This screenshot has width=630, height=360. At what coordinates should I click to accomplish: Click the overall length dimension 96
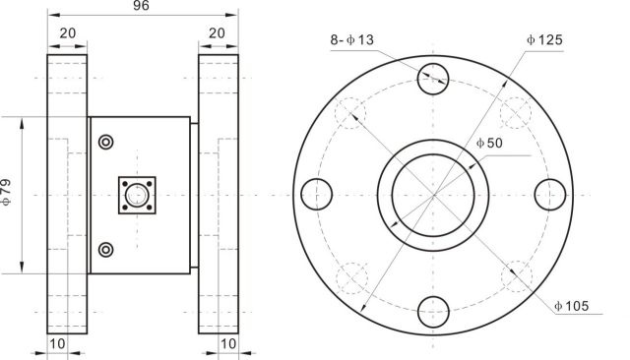[x=141, y=6]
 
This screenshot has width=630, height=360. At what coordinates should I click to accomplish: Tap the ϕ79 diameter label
[x=7, y=192]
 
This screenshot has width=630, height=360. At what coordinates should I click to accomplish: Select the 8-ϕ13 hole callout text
[x=352, y=39]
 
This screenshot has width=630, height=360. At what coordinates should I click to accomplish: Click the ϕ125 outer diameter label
[x=544, y=39]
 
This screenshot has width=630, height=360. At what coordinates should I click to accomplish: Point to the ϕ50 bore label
[x=489, y=143]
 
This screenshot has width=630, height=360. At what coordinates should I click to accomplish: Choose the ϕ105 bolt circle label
[x=571, y=306]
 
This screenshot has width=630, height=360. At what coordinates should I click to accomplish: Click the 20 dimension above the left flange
[x=68, y=33]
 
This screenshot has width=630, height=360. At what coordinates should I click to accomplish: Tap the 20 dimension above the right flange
[x=217, y=33]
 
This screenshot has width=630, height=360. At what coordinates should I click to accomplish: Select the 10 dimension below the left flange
[x=57, y=343]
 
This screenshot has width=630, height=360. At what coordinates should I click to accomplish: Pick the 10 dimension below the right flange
[x=228, y=343]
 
